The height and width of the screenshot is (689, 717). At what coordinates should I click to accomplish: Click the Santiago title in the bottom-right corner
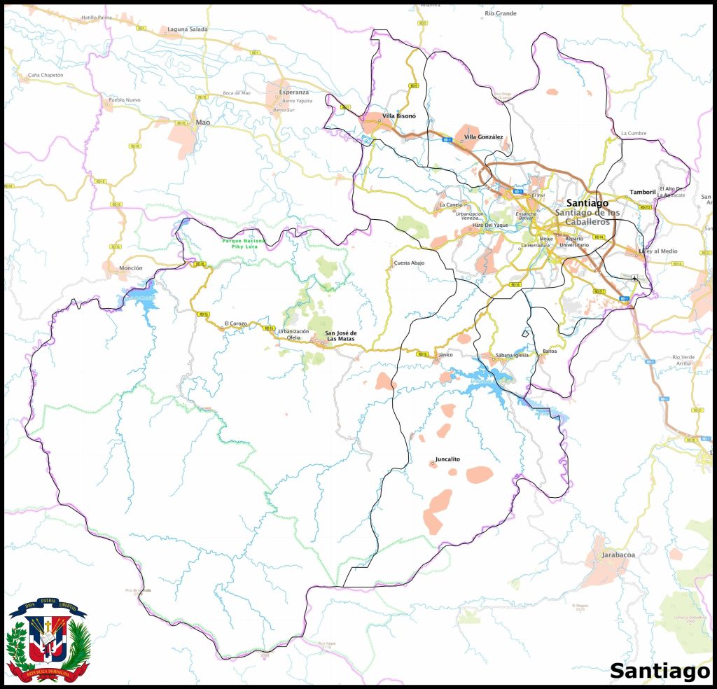point(658,671)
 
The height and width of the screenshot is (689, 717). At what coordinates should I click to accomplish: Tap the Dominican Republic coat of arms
point(48,640)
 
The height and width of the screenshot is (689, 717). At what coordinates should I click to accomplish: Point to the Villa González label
point(484,137)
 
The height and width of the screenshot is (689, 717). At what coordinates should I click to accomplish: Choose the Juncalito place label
point(447,459)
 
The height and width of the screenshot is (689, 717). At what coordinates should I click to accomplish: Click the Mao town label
point(203,123)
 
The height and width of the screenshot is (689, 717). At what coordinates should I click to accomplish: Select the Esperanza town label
point(293,92)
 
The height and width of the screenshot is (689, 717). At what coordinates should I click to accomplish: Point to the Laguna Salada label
point(188,29)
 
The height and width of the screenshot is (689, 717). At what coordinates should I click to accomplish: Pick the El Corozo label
point(236,323)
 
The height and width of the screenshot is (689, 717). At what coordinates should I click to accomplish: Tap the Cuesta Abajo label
point(410,263)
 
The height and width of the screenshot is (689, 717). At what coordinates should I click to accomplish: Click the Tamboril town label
point(642,192)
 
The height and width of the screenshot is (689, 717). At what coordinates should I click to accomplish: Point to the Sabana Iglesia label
point(511,356)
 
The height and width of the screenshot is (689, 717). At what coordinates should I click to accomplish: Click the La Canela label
point(450,205)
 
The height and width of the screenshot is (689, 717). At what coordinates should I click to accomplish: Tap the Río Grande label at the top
point(501,13)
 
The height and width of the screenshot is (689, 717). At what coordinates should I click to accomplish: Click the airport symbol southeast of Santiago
point(635,279)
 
